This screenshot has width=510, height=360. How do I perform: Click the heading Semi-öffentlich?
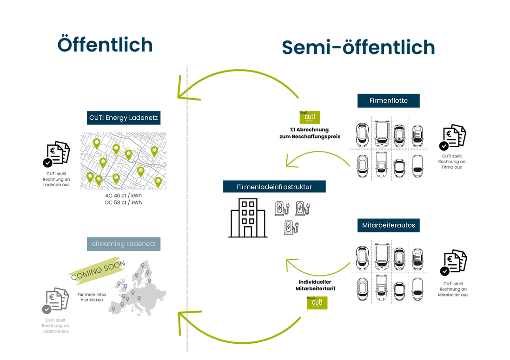click(358, 48)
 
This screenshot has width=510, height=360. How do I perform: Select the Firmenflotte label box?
click(389, 100)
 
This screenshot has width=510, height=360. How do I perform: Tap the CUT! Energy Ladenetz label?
click(124, 118)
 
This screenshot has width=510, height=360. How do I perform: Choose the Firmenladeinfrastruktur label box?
click(273, 187)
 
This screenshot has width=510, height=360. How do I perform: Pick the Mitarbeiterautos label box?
click(389, 226)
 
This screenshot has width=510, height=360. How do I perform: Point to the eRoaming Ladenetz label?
click(124, 243)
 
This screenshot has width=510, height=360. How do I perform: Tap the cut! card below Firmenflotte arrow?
click(310, 117)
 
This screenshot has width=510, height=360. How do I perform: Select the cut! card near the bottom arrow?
click(317, 302)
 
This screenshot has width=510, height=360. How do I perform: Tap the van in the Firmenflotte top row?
click(382, 132)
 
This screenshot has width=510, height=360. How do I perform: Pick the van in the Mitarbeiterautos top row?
click(382, 256)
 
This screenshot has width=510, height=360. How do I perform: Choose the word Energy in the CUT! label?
click(119, 118)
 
